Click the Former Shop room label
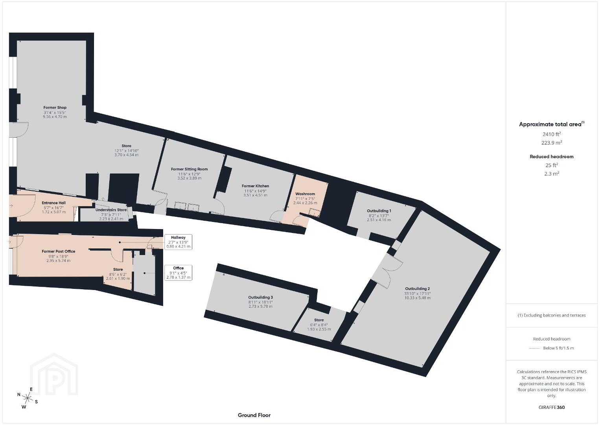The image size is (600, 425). tap(55, 107)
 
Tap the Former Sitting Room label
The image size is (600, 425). tap(190, 169)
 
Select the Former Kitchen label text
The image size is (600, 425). tap(255, 186)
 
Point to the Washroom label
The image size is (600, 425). tap(305, 194)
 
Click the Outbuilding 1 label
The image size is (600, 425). tap(379, 211)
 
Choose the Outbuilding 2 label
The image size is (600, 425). tap(417, 289)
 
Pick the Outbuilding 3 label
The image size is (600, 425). tap(260, 297)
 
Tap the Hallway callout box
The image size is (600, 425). tap(179, 242)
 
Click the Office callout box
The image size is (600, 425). tap(179, 273)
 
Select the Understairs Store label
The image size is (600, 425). tap(111, 210)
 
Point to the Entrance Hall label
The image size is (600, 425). tap(53, 203)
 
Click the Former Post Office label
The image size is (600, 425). tap(59, 251)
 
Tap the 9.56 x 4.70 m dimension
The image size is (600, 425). tap(55, 117)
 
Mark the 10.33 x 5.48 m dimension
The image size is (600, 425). tap(418, 298)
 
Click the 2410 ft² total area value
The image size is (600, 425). tap(552, 134)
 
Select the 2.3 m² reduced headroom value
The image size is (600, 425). tap(552, 174)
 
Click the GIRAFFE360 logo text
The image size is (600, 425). tap(552, 407)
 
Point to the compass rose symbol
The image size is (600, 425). tap(28, 398)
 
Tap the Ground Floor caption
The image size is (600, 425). tap(254, 415)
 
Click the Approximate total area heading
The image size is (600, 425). tap(552, 124)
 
